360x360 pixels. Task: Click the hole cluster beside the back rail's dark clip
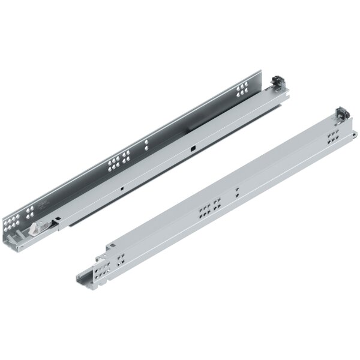click(243, 90)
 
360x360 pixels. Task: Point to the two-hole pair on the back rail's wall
click(146, 145)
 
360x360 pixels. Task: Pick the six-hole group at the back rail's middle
click(117, 164)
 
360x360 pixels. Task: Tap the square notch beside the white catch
click(58, 218)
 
